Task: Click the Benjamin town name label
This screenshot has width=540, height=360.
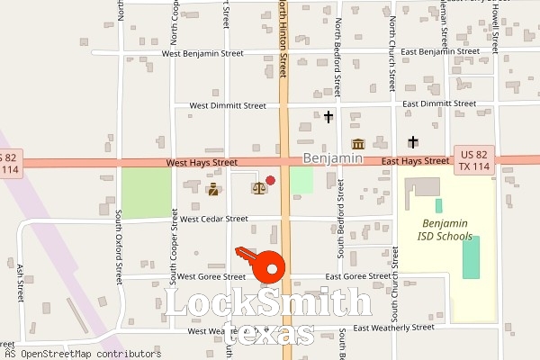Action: pos(333,157)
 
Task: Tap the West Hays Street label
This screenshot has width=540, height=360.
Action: pos(202,163)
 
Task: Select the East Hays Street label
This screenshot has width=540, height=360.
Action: pos(414,161)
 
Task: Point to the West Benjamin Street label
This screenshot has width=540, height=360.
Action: pos(202,54)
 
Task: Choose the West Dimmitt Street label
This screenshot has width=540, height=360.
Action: pos(226,105)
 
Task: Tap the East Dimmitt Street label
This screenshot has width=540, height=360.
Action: pos(439,103)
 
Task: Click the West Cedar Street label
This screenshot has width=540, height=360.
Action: pos(213,219)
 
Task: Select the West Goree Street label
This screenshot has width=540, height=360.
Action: pos(211,276)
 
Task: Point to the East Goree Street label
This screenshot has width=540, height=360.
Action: pos(358,276)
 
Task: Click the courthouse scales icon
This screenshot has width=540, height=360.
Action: pos(258,188)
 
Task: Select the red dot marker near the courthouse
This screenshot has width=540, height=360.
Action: pos(270,181)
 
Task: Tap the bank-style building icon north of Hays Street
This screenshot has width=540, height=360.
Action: pos(358,145)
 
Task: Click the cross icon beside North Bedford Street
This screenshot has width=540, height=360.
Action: pos(328,116)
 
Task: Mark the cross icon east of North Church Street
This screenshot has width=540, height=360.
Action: pos(412,141)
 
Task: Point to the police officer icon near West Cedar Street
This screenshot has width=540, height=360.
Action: pos(213,189)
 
